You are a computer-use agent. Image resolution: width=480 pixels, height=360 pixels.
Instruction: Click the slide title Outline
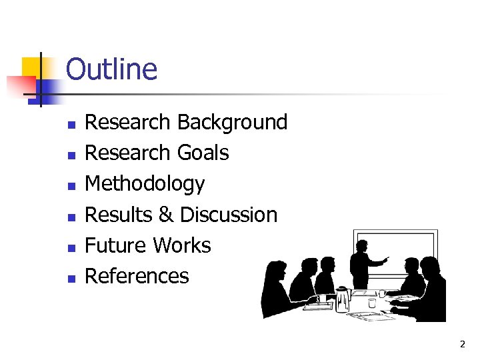(111, 69)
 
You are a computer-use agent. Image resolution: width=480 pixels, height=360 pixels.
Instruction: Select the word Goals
(203, 153)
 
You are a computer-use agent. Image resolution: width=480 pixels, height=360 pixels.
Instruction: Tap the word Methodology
(145, 184)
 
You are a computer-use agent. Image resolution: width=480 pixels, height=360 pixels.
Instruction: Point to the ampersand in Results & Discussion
(166, 215)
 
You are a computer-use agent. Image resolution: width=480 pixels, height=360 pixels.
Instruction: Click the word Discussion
(229, 215)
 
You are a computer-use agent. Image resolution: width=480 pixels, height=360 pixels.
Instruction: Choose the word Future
(115, 246)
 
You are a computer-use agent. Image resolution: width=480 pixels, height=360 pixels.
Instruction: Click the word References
(137, 277)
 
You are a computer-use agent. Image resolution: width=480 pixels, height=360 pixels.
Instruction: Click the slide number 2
(462, 344)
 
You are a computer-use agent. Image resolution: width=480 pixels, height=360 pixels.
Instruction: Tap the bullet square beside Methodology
(71, 185)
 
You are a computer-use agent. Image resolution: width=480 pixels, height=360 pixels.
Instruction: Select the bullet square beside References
(71, 277)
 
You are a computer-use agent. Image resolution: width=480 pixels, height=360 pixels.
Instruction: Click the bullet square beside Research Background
(71, 124)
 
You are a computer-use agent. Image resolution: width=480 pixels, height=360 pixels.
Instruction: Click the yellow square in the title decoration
(32, 67)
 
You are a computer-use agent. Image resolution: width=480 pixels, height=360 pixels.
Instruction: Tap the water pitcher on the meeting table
(343, 299)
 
